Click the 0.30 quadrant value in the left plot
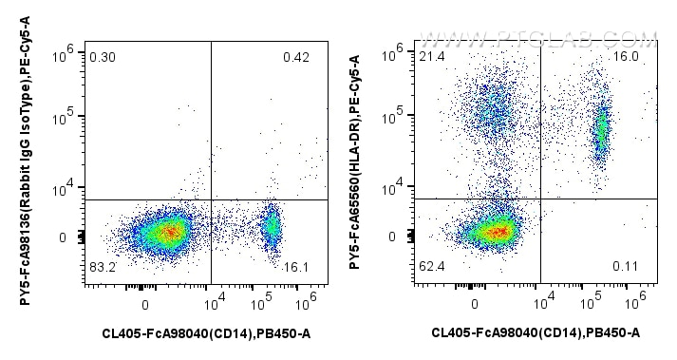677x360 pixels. (x=102, y=58)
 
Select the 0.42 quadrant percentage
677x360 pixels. (x=296, y=58)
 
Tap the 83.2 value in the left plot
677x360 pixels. (x=102, y=269)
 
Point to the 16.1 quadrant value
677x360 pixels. (x=297, y=269)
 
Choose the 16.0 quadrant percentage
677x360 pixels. (x=627, y=58)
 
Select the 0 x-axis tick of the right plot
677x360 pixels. (x=475, y=304)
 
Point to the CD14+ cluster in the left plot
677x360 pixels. (x=272, y=226)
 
